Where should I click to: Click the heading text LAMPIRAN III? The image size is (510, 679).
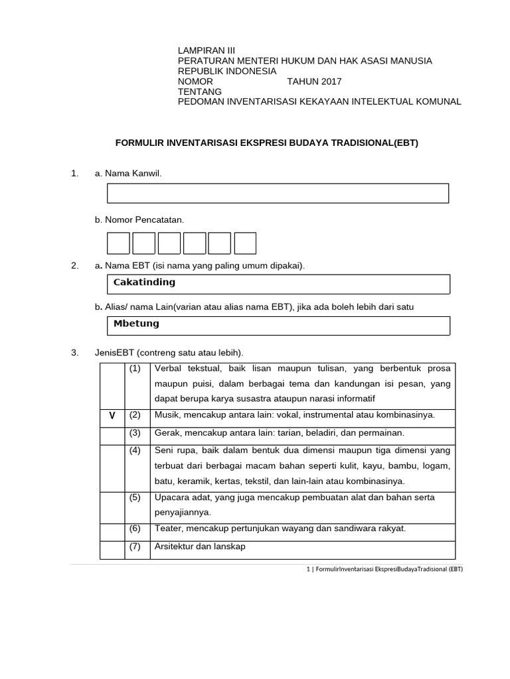point(206,50)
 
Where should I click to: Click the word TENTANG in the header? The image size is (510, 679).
point(200,92)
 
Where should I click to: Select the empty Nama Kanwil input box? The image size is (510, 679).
point(278,193)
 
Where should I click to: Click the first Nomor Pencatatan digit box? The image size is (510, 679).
point(118,243)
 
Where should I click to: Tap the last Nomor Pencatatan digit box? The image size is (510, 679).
point(245,243)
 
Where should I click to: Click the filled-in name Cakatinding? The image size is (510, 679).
point(145,282)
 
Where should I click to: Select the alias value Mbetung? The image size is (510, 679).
point(137,324)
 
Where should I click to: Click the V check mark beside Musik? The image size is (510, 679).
point(112,416)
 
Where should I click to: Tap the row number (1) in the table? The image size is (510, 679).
point(135,368)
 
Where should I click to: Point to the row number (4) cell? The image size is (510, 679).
point(135,451)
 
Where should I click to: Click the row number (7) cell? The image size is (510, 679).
point(135,546)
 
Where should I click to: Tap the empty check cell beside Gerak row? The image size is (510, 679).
point(112,434)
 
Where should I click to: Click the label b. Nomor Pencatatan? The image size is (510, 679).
point(139,219)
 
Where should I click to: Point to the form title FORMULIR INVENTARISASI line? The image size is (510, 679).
point(267,143)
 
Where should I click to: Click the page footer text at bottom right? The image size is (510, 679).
point(380,569)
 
